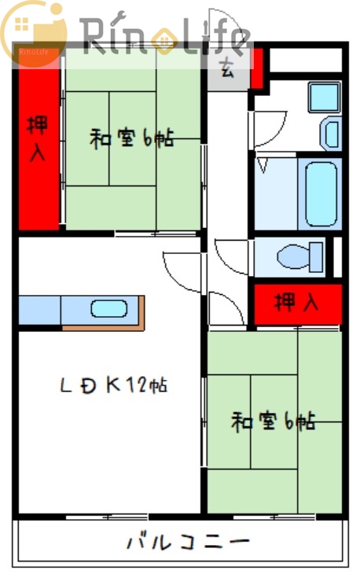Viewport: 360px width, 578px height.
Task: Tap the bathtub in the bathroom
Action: pos(321,193)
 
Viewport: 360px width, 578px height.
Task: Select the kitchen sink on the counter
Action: pos(108,309)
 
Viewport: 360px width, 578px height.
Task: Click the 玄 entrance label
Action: pos(226,68)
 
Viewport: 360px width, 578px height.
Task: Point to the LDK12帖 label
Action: pos(114,385)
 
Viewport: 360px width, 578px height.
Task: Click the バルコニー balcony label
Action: pos(188,541)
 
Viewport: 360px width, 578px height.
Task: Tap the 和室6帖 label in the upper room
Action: pos(131,139)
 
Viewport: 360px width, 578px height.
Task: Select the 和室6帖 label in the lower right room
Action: pos(273,422)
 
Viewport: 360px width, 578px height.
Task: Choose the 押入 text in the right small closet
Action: pos(296,303)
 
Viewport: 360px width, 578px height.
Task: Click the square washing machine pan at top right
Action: pos(323,97)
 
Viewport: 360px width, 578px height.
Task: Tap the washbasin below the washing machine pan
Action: pos(331,133)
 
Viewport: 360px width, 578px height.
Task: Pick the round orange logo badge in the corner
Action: pos(33,33)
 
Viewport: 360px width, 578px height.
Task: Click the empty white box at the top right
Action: pos(307,60)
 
